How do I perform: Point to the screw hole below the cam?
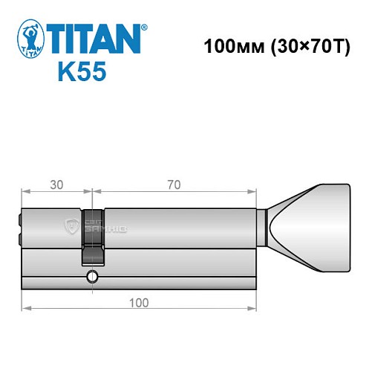[91, 278]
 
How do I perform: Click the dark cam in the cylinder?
[92, 236]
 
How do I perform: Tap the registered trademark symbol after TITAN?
[144, 28]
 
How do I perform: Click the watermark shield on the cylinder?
[72, 226]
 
